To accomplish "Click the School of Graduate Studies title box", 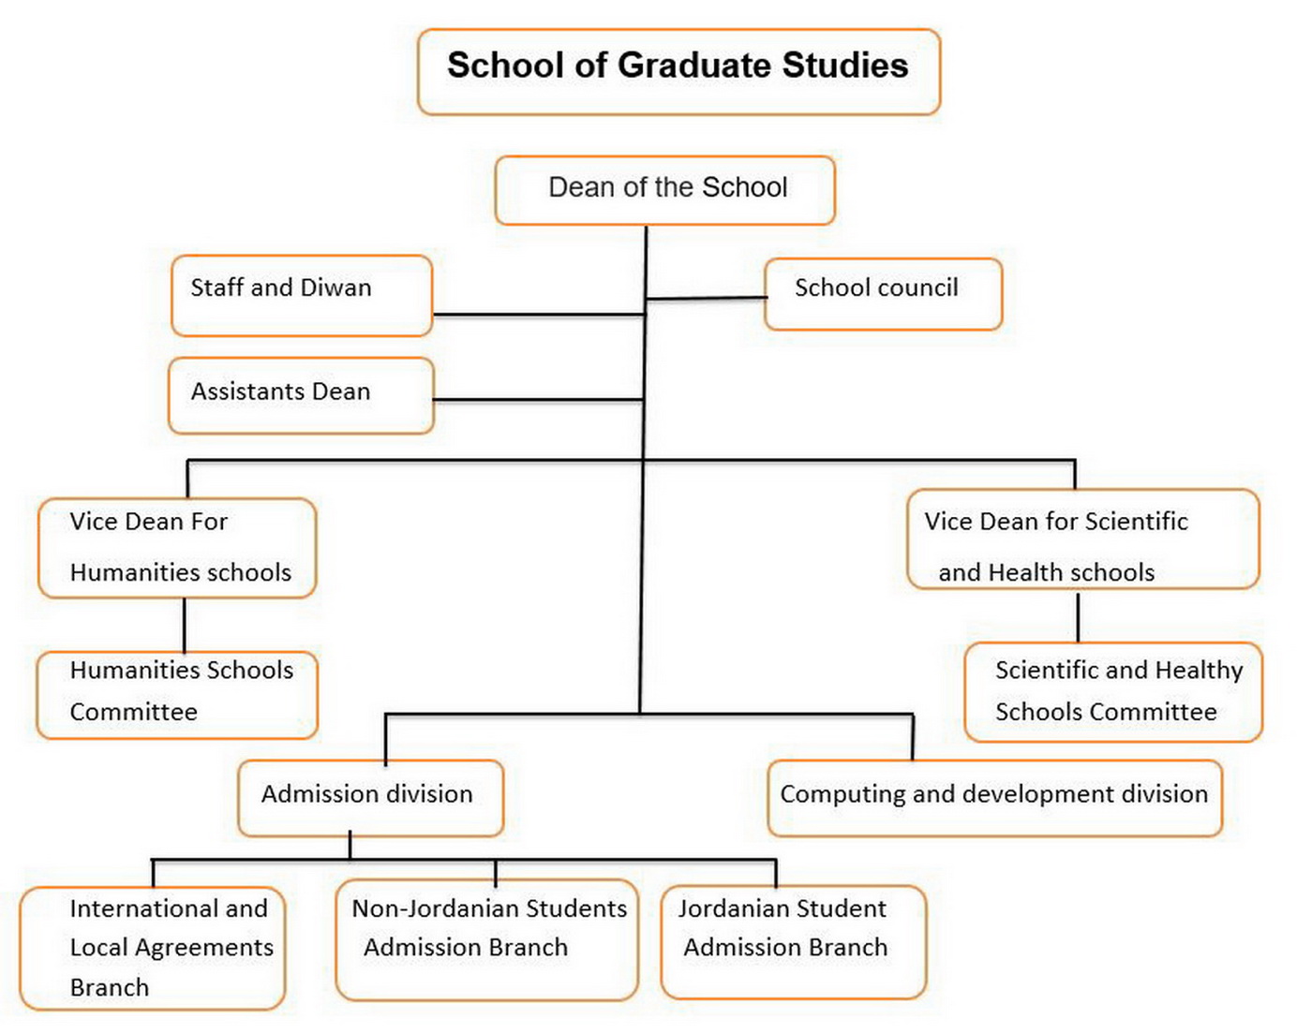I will click(x=678, y=72).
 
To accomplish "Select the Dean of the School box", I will click(x=664, y=190).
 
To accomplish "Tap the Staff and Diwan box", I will click(x=302, y=295).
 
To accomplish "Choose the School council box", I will click(x=883, y=294).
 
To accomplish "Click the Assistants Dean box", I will click(x=301, y=395).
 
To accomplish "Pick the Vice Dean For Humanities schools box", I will click(x=177, y=548).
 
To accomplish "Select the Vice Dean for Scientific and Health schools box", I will click(x=1082, y=539).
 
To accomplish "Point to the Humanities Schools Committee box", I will click(x=177, y=694).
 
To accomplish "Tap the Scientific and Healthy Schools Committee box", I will click(x=1113, y=692).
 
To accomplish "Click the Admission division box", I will click(x=370, y=798).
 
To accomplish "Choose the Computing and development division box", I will click(x=994, y=798).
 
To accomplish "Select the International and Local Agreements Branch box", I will click(x=153, y=948).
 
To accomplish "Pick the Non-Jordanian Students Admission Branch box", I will click(x=486, y=939).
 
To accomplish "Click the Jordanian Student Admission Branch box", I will click(x=793, y=941).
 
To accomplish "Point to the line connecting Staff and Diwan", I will click(x=538, y=315).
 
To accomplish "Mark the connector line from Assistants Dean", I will click(x=538, y=400).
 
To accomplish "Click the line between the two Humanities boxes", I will click(x=185, y=625).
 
